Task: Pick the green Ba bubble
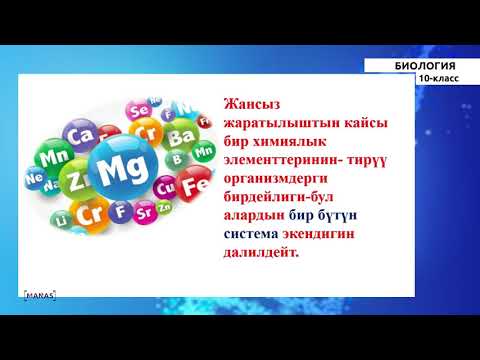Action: [x=183, y=134]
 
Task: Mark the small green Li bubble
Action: [x=63, y=217]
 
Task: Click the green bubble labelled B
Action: [x=178, y=157]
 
